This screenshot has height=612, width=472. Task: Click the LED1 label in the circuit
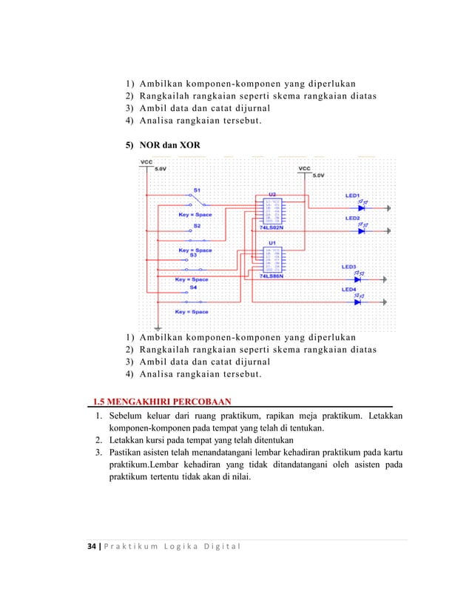coord(352,196)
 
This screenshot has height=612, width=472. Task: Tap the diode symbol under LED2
coord(361,231)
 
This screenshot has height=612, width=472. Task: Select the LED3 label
coord(348,266)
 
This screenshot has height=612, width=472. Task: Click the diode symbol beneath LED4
coord(358,302)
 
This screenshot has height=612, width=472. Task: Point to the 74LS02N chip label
coord(272,230)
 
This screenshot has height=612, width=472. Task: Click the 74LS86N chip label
coord(272,276)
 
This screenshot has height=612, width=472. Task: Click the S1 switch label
coord(197,190)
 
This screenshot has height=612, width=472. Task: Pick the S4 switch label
coord(193,286)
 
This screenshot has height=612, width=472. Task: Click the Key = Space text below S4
coord(192,312)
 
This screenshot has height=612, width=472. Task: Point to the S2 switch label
coord(197,225)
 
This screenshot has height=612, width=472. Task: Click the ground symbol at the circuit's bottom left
coord(157,327)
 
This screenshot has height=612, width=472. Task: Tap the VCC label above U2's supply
coord(304,168)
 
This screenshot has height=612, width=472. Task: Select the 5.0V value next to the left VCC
coord(160,170)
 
